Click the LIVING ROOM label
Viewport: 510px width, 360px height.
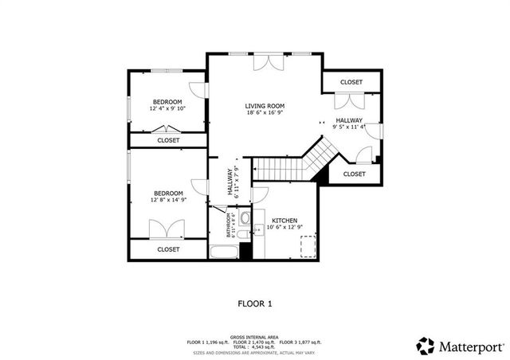tap(265, 106)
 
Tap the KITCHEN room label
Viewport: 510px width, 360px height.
tap(285, 220)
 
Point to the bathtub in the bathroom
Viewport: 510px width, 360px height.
tap(225, 253)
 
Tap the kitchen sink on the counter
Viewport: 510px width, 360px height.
tap(259, 230)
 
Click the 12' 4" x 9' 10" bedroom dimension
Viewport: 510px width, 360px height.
tap(168, 109)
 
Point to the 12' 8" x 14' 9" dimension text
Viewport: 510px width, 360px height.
tap(168, 201)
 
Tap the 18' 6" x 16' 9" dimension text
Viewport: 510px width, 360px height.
tap(265, 113)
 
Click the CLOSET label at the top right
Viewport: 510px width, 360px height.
tap(351, 82)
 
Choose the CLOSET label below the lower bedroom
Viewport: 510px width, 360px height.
tap(168, 249)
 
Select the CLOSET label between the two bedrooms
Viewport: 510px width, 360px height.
tap(168, 140)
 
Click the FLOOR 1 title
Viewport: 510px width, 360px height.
tap(255, 303)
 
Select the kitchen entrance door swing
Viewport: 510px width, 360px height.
tap(261, 194)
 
